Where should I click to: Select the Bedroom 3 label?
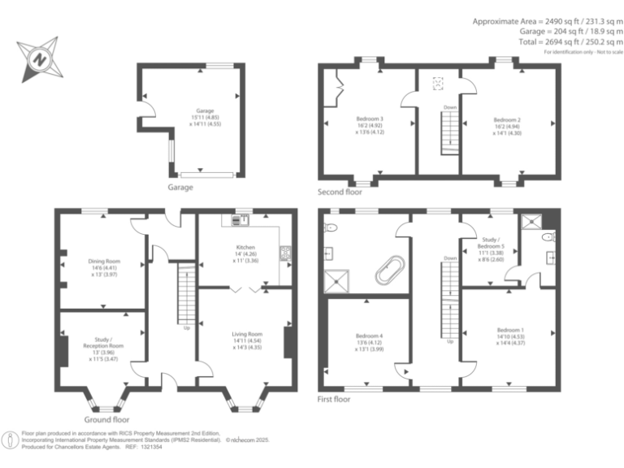click(370, 119)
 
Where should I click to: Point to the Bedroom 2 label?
click(507, 119)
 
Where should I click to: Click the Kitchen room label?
click(245, 247)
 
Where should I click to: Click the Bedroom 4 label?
click(369, 336)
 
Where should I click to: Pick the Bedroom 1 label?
click(508, 331)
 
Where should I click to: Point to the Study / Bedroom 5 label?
click(490, 240)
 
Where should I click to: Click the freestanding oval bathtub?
click(389, 270)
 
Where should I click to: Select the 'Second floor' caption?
click(340, 193)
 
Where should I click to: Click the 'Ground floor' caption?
click(106, 420)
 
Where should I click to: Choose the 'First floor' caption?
click(334, 400)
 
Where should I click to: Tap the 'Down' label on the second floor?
click(449, 107)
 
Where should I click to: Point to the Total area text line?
click(569, 42)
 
